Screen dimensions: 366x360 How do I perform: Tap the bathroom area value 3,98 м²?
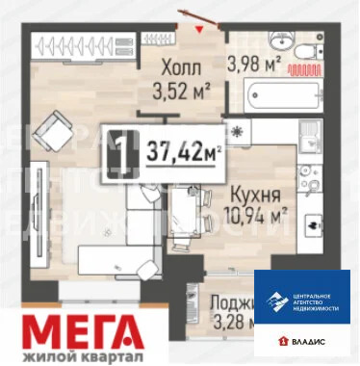coord(252,65)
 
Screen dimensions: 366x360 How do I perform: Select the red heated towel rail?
coord(309,70)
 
